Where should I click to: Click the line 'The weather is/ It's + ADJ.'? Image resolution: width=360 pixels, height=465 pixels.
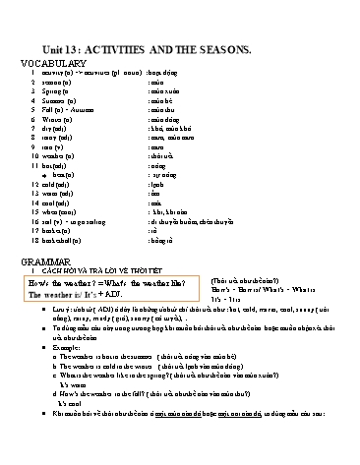pos(73,294)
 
